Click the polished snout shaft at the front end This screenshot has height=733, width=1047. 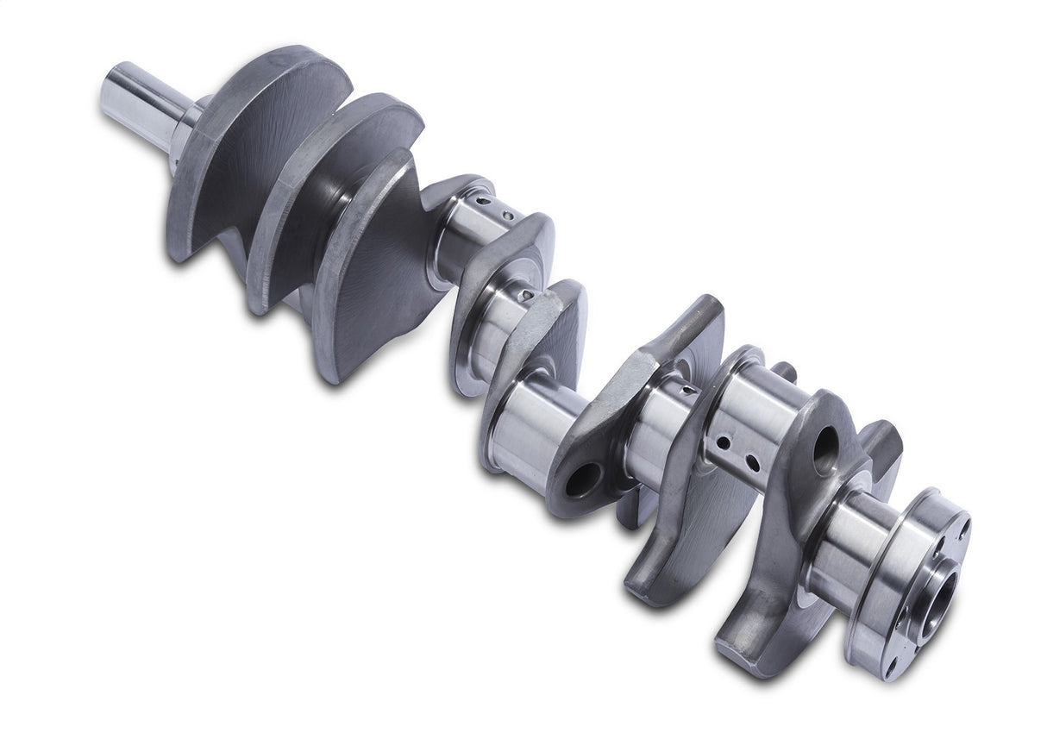coord(138,103)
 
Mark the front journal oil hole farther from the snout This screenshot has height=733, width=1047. coord(509,215)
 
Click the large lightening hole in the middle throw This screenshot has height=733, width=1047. coord(584,479)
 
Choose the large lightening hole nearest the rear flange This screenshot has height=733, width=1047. coord(825,448)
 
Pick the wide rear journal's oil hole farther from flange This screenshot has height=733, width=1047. coord(723,442)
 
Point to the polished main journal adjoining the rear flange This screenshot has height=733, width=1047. coord(850,543)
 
